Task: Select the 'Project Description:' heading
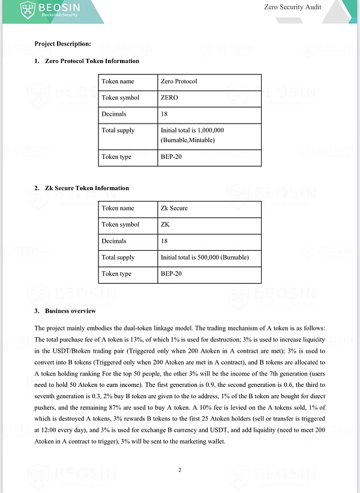(x=62, y=44)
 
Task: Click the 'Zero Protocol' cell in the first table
(x=179, y=82)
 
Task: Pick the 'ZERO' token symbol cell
(x=169, y=98)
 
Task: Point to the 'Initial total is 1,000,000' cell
(x=192, y=130)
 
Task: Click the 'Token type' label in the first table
(x=118, y=157)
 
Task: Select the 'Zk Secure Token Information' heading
(x=86, y=188)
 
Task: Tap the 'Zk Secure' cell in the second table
(x=174, y=209)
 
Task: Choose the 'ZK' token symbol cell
(x=165, y=225)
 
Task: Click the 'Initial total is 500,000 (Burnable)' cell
(x=205, y=258)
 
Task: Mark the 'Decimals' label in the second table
(x=114, y=241)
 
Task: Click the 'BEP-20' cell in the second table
(x=170, y=274)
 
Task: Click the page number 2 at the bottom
(x=179, y=470)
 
